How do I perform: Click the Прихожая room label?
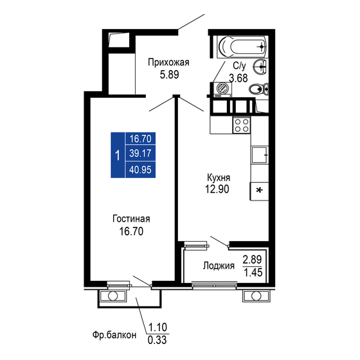(168, 62)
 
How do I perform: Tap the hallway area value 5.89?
(168, 74)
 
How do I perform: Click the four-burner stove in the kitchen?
(241, 124)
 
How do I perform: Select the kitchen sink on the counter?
(259, 154)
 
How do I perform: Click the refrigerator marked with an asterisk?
(259, 190)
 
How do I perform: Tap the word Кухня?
(219, 177)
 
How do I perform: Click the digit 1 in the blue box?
(116, 154)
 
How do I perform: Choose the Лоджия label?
(218, 266)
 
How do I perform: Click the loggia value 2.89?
(252, 260)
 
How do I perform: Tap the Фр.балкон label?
(115, 335)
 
